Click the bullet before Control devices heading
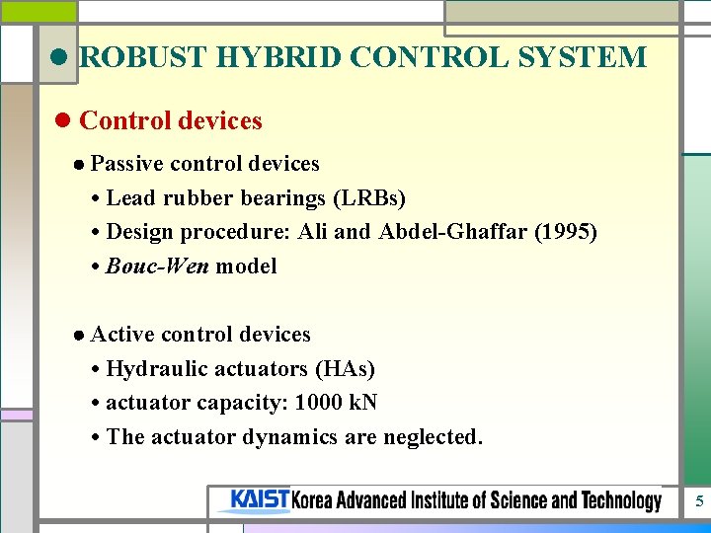(64, 121)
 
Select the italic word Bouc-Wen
(157, 266)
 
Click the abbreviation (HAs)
(345, 369)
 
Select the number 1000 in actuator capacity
(304, 403)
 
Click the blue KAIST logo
(260, 500)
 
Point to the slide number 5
(699, 501)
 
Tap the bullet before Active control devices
(78, 336)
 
